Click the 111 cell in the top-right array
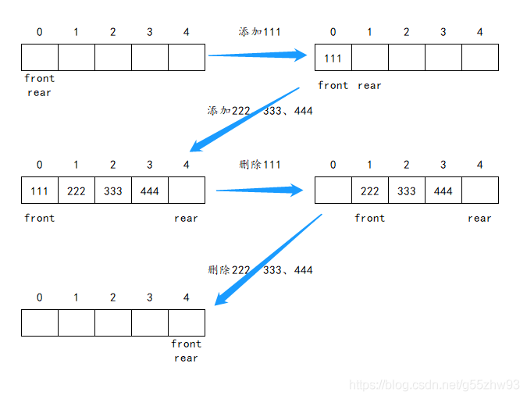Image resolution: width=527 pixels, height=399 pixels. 333,58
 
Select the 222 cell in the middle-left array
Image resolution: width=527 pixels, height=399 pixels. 77,191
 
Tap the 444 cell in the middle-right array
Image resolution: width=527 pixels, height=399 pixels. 443,191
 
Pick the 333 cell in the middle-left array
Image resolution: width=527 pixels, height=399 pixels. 113,191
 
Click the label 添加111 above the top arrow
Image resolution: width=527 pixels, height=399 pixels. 259,32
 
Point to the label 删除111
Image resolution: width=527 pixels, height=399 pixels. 259,165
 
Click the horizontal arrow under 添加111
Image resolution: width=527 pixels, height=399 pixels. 258,55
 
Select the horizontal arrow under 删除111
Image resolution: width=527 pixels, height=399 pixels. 259,191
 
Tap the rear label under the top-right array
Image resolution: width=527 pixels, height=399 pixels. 369,86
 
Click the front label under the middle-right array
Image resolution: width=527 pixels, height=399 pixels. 370,218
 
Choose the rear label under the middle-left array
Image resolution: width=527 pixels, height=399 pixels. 186,219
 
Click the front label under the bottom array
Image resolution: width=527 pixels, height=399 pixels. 186,344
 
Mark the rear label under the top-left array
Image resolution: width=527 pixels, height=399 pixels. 39,93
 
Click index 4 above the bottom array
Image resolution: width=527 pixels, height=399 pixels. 186,297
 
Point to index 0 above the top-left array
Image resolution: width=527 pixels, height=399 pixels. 39,32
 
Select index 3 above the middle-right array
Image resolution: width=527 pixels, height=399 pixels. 443,165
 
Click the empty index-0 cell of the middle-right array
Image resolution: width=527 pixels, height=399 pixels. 333,191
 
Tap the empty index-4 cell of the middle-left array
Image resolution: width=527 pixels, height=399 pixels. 187,191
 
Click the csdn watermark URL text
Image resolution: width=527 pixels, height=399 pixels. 434,385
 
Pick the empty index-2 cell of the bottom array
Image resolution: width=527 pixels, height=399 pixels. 113,322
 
